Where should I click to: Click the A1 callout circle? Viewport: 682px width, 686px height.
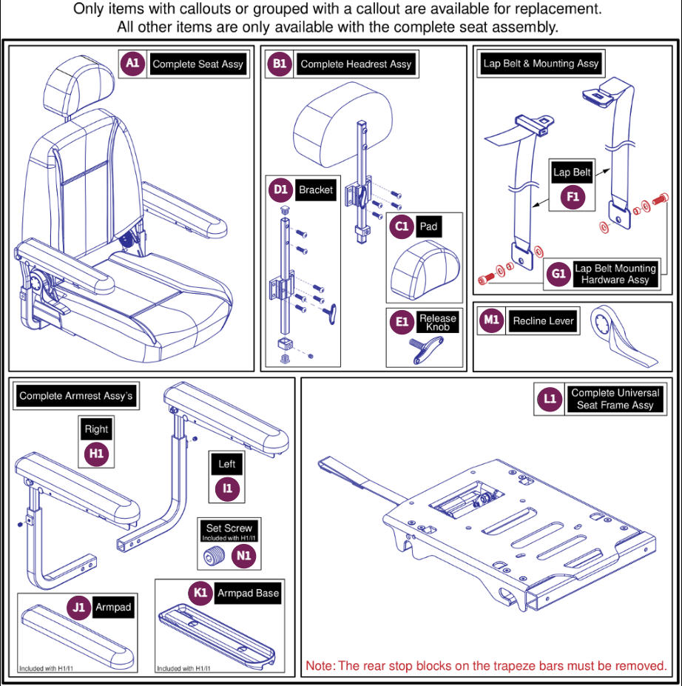[132, 64]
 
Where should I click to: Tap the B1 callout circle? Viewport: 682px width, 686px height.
[280, 64]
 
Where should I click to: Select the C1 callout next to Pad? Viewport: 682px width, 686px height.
[402, 226]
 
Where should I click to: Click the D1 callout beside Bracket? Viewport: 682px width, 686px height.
[280, 190]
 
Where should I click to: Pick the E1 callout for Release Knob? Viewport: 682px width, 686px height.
[402, 322]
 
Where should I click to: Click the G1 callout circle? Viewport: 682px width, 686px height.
[558, 275]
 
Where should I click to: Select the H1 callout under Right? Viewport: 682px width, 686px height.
[96, 454]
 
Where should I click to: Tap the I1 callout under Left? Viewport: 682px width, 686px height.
[226, 488]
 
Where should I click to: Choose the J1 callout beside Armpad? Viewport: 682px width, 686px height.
[79, 608]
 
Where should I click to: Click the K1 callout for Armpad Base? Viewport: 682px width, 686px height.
[200, 593]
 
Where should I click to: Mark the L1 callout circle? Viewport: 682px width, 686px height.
[550, 399]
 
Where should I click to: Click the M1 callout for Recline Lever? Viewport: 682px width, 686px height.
[492, 320]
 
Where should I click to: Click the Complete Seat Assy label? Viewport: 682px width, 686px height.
[197, 64]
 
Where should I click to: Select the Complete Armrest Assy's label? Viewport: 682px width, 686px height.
[76, 396]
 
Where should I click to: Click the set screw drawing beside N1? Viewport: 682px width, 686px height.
[215, 556]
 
